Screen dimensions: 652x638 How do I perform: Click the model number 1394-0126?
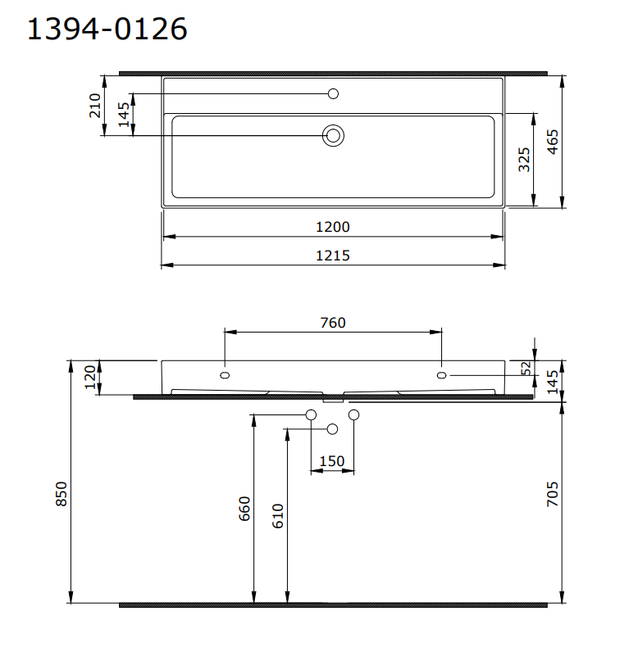click(107, 29)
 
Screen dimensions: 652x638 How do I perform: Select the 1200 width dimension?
click(332, 227)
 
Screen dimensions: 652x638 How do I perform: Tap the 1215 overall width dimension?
click(332, 256)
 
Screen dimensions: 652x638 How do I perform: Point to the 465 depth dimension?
click(553, 143)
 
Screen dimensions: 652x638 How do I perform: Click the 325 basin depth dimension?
click(524, 159)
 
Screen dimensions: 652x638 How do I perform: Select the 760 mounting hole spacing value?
click(332, 322)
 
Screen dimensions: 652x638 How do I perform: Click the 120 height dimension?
click(89, 378)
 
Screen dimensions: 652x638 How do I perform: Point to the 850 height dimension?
click(62, 494)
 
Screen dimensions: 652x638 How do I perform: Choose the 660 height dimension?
click(244, 509)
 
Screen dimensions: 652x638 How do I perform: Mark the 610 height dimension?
click(277, 514)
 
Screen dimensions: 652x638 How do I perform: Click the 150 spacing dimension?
click(331, 461)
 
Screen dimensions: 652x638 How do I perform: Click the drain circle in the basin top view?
click(333, 135)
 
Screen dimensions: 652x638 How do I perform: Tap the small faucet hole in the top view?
click(333, 93)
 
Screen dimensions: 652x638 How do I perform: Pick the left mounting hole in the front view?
click(225, 375)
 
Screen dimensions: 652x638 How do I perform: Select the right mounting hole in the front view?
click(442, 375)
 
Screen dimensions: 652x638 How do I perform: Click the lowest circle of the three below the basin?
click(333, 429)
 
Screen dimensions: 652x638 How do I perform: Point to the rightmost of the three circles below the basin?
click(354, 415)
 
